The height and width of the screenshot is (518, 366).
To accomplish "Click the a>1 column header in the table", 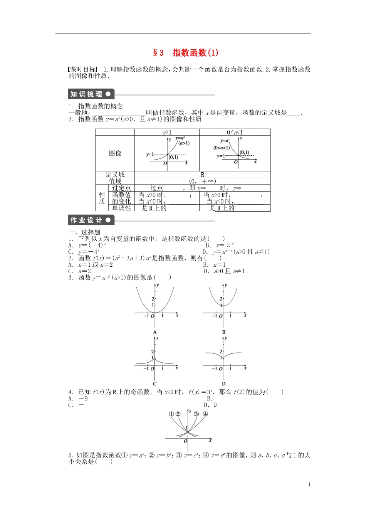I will pyautogui.click(x=167, y=132).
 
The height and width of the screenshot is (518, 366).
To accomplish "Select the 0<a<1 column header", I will pyautogui.click(x=235, y=132).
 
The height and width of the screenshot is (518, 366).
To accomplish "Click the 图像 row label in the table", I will pyautogui.click(x=115, y=153).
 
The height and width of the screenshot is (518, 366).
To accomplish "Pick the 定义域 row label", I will pyautogui.click(x=115, y=175).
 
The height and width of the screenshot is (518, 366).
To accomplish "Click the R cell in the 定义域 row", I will pyautogui.click(x=203, y=175).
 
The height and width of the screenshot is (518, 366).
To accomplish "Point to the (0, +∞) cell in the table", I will pyautogui.click(x=203, y=181).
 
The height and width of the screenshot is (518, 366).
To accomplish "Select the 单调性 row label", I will pyautogui.click(x=121, y=208).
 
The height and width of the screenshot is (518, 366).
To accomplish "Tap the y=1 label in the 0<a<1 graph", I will pyautogui.click(x=221, y=156).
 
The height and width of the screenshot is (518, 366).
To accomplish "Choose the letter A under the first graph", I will pyautogui.click(x=155, y=332).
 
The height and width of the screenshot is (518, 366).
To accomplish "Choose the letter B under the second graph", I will pyautogui.click(x=223, y=332).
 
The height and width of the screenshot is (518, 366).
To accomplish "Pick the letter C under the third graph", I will pyautogui.click(x=155, y=383).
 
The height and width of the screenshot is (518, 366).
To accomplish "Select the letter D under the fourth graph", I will pyautogui.click(x=223, y=383).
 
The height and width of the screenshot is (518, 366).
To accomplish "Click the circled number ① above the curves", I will pyautogui.click(x=171, y=414).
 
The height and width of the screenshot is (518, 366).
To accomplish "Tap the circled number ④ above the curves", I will pyautogui.click(x=205, y=414).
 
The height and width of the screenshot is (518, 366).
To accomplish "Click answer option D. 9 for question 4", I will pyautogui.click(x=210, y=405).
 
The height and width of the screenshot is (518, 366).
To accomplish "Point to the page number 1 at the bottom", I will pyautogui.click(x=309, y=484).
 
